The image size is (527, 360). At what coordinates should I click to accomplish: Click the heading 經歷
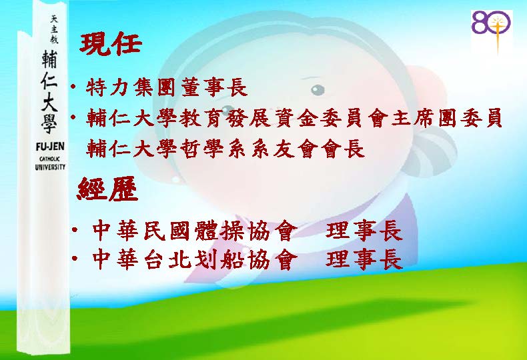tap(107, 189)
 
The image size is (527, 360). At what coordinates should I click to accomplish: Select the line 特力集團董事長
tap(167, 87)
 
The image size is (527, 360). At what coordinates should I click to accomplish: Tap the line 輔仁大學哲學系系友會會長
tap(225, 149)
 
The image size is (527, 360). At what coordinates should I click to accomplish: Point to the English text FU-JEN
tap(50, 147)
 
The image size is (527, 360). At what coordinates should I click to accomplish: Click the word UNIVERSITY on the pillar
tap(50, 167)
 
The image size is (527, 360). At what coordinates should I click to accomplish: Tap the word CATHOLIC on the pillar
tap(50, 159)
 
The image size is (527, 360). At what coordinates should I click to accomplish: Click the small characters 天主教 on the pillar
tap(54, 29)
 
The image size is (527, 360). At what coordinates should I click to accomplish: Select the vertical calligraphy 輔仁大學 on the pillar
tap(50, 92)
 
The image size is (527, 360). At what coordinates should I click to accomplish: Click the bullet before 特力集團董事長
tap(73, 87)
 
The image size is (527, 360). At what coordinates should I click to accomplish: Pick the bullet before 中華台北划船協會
tap(75, 258)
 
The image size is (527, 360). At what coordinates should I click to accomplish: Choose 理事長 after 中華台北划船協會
tap(364, 259)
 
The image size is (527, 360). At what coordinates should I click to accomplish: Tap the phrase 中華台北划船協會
tap(195, 259)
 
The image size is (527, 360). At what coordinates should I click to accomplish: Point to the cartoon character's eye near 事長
tap(318, 89)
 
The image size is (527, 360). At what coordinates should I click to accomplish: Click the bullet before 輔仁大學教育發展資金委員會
tap(73, 117)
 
